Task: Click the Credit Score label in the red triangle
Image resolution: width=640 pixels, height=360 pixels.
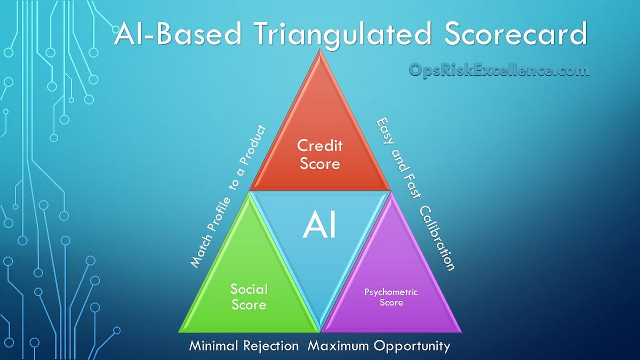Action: coord(319,154)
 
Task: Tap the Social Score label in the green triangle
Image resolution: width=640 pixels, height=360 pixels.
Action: coord(249,297)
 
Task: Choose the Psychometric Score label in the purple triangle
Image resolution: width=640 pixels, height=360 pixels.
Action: coord(391,297)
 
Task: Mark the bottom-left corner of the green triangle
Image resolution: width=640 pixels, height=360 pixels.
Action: coord(180,331)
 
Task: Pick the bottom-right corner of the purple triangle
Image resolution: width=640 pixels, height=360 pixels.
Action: coord(460,331)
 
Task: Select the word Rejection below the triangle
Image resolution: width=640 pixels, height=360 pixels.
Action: coord(274,346)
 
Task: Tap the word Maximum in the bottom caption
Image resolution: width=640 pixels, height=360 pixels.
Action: coord(339,346)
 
